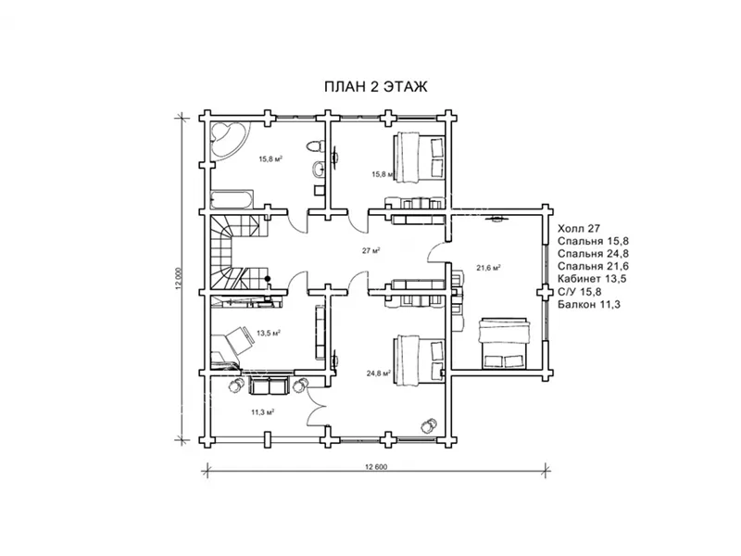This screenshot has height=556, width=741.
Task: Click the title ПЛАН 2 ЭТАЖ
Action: coord(375,87)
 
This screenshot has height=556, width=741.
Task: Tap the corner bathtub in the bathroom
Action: coord(227,139)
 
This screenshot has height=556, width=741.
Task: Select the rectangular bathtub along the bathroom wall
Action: coord(232,199)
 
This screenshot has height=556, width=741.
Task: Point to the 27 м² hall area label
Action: coord(371,250)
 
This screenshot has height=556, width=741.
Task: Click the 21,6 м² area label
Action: coord(488,268)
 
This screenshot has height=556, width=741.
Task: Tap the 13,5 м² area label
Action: coord(269,333)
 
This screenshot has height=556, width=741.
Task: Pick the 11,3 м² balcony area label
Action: coord(263,411)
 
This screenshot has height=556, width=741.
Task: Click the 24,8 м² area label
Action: coord(378,373)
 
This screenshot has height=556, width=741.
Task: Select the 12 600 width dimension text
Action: coord(376,467)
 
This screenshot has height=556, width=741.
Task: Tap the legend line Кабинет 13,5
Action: coord(592,279)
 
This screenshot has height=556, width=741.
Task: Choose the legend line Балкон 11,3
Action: coord(589,305)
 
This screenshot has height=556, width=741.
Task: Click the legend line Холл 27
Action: coord(579,229)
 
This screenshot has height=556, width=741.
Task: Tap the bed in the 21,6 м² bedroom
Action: coord(502,343)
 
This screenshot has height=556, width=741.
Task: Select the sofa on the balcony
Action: coord(269,385)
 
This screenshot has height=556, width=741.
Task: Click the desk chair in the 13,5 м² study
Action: coord(238,340)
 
